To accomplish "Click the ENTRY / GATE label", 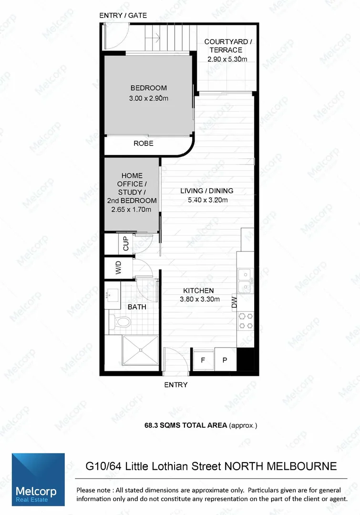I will (123, 16).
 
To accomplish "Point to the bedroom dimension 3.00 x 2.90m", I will (149, 99).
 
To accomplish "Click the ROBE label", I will (143, 143).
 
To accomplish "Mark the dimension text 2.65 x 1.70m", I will (132, 209).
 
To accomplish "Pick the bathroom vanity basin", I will (113, 294).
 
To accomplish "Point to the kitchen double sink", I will (245, 281).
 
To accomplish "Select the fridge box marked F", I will (203, 360).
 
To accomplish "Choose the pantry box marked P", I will (224, 360).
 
